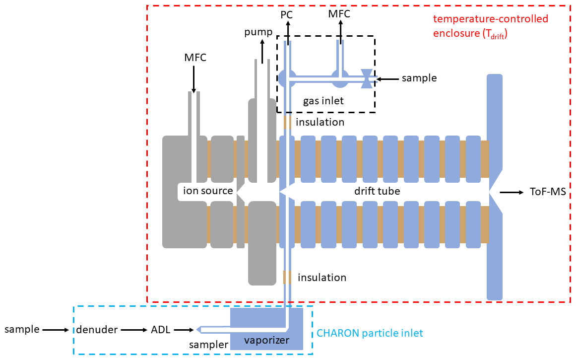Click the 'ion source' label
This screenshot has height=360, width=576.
click(208, 191)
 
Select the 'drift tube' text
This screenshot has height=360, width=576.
click(377, 191)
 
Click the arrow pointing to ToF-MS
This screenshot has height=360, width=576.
click(511, 192)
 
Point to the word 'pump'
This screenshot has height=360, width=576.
click(258, 33)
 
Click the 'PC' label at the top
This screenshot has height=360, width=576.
click(287, 14)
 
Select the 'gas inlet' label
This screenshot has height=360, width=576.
click(323, 101)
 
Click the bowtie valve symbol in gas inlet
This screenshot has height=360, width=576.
click(367, 78)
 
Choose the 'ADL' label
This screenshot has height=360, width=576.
click(160, 329)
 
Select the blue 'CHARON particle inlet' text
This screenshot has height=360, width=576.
click(370, 333)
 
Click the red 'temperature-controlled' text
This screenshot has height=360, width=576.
click(491, 19)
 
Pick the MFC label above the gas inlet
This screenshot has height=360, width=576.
click(339, 14)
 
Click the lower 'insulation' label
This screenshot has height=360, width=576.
click(322, 277)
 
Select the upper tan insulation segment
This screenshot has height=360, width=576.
click(287, 122)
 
